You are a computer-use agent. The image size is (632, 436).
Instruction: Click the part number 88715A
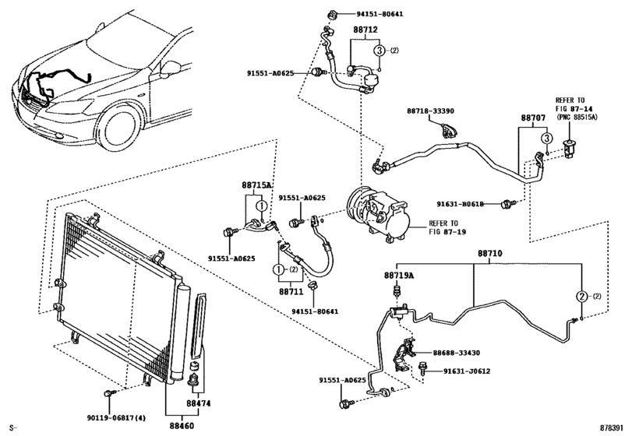256,185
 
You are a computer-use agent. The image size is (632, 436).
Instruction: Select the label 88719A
398,275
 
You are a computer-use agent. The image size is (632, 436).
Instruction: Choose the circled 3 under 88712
378,51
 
